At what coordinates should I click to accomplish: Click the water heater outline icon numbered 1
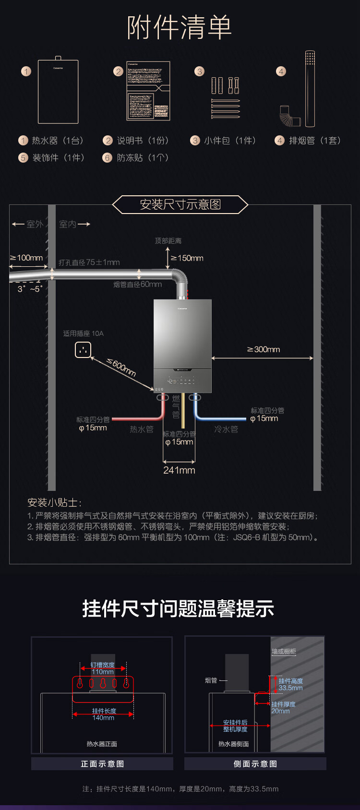(58, 91)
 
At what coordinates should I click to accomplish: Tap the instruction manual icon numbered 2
(148, 91)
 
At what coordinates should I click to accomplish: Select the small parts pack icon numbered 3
(226, 98)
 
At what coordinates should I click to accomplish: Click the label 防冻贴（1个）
(143, 158)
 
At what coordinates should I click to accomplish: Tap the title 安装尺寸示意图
(180, 204)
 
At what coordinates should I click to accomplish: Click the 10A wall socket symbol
(83, 350)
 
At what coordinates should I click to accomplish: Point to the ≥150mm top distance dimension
(187, 258)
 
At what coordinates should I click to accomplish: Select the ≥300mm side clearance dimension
(264, 349)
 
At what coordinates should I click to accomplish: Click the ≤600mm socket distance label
(121, 368)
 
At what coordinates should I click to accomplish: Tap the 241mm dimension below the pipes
(179, 470)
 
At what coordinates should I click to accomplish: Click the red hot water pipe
(144, 418)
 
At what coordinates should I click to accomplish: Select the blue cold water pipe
(216, 418)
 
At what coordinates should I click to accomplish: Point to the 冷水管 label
(226, 429)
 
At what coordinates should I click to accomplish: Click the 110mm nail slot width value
(103, 672)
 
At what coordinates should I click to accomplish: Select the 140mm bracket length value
(103, 718)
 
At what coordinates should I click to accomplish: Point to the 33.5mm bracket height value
(291, 688)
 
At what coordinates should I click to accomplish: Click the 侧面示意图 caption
(255, 764)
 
